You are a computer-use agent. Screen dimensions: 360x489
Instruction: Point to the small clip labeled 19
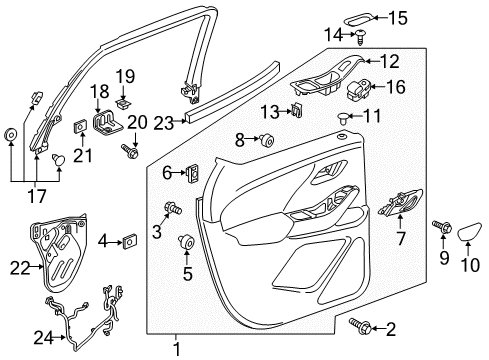(123, 102)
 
